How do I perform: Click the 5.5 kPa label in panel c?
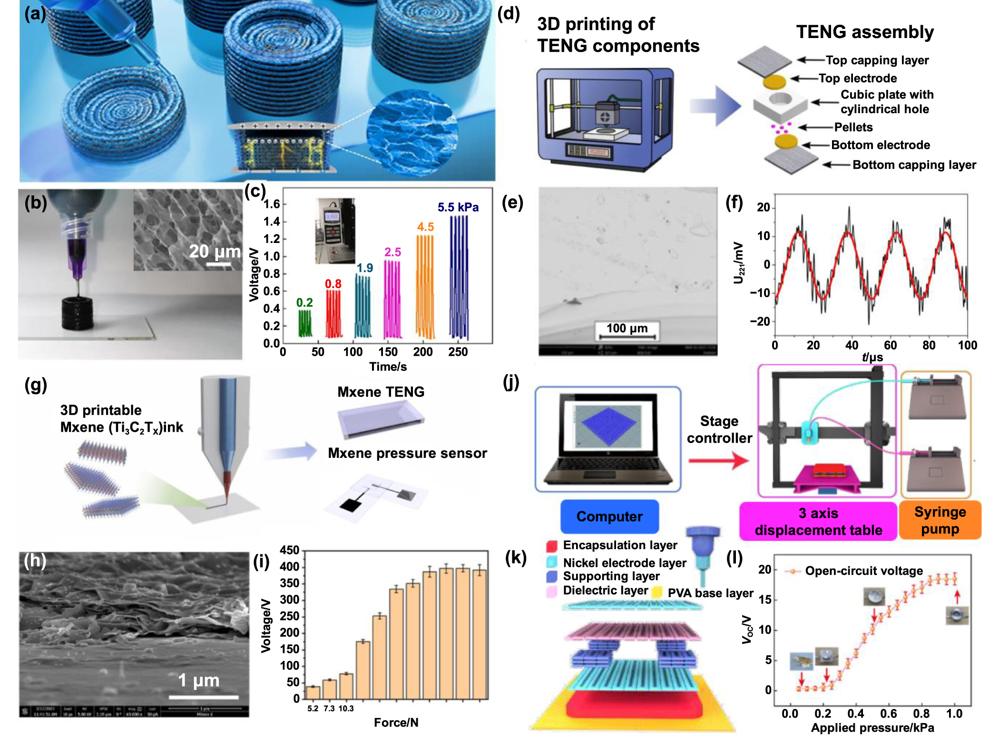pos(458,207)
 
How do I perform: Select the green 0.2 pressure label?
pos(304,302)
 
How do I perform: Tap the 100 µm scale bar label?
pos(627,328)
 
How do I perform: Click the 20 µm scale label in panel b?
pos(214,251)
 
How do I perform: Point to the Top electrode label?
pos(857,78)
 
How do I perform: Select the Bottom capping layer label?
pos(913,165)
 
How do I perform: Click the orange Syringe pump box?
pos(940,520)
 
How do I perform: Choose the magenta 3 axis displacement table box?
pos(818,521)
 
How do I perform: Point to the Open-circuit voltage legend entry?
pos(863,571)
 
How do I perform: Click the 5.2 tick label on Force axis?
pos(313,708)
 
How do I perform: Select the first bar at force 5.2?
pos(313,692)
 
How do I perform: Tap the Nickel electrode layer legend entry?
pos(624,563)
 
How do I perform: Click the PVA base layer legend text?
pos(710,593)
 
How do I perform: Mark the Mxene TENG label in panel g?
pos(381,392)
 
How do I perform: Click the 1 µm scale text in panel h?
pos(198,680)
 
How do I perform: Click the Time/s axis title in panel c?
pos(388,367)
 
